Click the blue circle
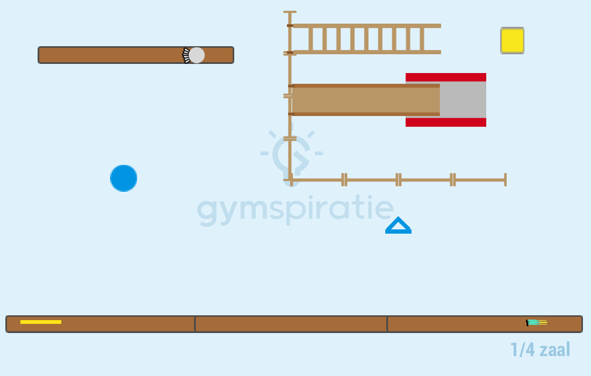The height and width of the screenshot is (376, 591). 124,178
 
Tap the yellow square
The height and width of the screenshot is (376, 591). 512,40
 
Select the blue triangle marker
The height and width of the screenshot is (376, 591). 399,225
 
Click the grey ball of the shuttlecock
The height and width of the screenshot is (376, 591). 197,55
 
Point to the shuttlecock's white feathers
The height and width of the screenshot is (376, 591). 185,55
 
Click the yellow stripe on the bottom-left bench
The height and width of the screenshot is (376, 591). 41,322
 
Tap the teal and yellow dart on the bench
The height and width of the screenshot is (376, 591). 537,322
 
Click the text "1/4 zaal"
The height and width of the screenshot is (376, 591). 540,350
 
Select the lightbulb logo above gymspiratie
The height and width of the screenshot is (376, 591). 291,155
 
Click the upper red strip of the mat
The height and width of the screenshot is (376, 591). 446,77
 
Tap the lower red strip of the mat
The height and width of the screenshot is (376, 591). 446,122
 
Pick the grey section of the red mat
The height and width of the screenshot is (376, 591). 463,100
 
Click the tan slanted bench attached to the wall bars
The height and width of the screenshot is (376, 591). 365,100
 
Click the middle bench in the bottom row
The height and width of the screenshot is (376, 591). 291,324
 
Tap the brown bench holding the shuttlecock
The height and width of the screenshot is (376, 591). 136,55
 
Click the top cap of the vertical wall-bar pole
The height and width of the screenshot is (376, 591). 290,12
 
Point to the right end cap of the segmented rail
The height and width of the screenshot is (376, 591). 506,180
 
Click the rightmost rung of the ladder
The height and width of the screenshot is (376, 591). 422,39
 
